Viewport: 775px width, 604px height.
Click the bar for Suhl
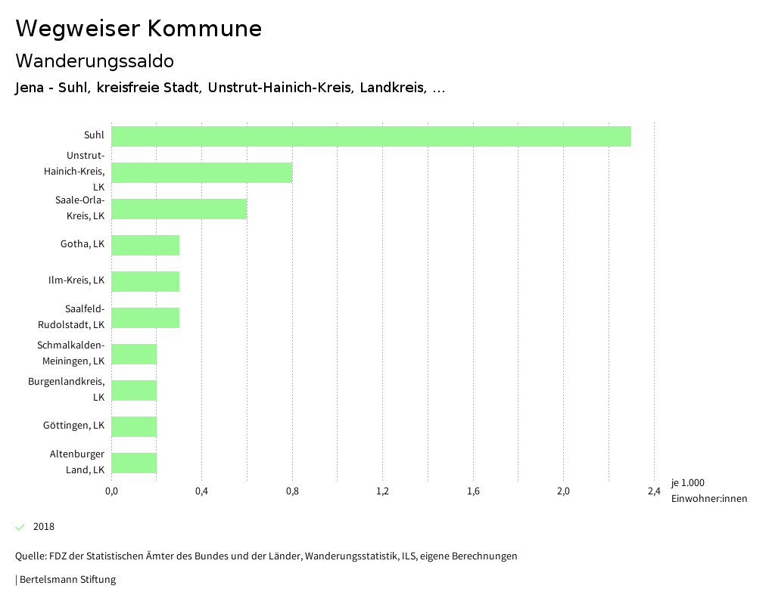[371, 136]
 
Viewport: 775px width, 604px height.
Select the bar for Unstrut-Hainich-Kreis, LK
[201, 172]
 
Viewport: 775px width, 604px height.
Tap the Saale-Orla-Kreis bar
[179, 209]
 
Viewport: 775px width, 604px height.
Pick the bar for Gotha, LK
[145, 245]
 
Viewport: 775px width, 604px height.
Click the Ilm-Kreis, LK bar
[145, 281]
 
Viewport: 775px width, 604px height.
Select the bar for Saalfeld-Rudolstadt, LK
[145, 317]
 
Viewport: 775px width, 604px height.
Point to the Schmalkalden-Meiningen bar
[134, 354]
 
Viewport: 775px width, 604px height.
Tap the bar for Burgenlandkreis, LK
[134, 390]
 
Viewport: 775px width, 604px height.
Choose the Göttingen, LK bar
[134, 426]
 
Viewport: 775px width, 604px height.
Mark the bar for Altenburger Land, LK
[134, 463]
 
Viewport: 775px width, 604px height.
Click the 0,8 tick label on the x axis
[292, 491]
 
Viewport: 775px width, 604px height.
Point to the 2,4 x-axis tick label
[654, 491]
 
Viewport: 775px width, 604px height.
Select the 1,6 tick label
[473, 491]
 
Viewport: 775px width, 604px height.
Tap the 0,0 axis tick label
[111, 491]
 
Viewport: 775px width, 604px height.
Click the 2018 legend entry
[43, 527]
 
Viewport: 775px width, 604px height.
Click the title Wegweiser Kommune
[139, 29]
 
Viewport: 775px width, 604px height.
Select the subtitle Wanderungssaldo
[95, 60]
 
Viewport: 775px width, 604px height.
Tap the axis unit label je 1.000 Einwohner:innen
[708, 491]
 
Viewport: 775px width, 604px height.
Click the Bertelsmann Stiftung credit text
[67, 580]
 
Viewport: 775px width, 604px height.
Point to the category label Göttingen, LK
[73, 426]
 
